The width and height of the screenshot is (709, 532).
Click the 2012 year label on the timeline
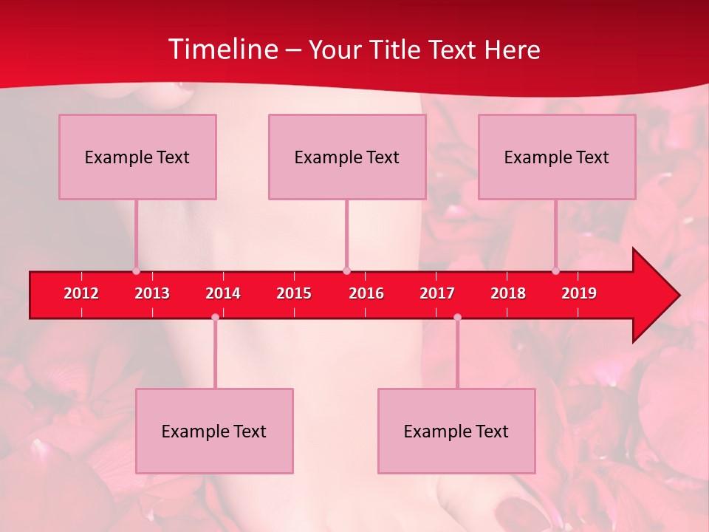[x=81, y=293]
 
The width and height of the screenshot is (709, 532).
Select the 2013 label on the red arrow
[x=152, y=293]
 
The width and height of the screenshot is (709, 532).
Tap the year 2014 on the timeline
[x=223, y=293]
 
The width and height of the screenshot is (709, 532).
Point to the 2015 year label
[x=294, y=293]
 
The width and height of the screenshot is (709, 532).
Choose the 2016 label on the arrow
[x=366, y=293]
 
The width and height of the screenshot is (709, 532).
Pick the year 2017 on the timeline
[x=437, y=293]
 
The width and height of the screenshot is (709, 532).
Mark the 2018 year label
[x=508, y=293]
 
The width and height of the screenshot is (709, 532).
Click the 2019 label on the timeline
[x=579, y=293]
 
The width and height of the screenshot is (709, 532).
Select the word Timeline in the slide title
[x=222, y=50]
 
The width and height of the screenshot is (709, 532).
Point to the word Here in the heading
[x=512, y=50]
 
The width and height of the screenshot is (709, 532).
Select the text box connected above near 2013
[x=137, y=157]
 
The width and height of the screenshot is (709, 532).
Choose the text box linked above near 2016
[x=347, y=157]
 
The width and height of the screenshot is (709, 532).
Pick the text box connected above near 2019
[x=557, y=157]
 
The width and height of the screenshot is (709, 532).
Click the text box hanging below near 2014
[x=214, y=431]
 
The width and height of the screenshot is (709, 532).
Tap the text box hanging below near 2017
[x=456, y=431]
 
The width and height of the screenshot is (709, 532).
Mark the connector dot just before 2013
[x=136, y=271]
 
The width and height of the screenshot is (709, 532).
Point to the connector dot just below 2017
[x=457, y=318]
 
